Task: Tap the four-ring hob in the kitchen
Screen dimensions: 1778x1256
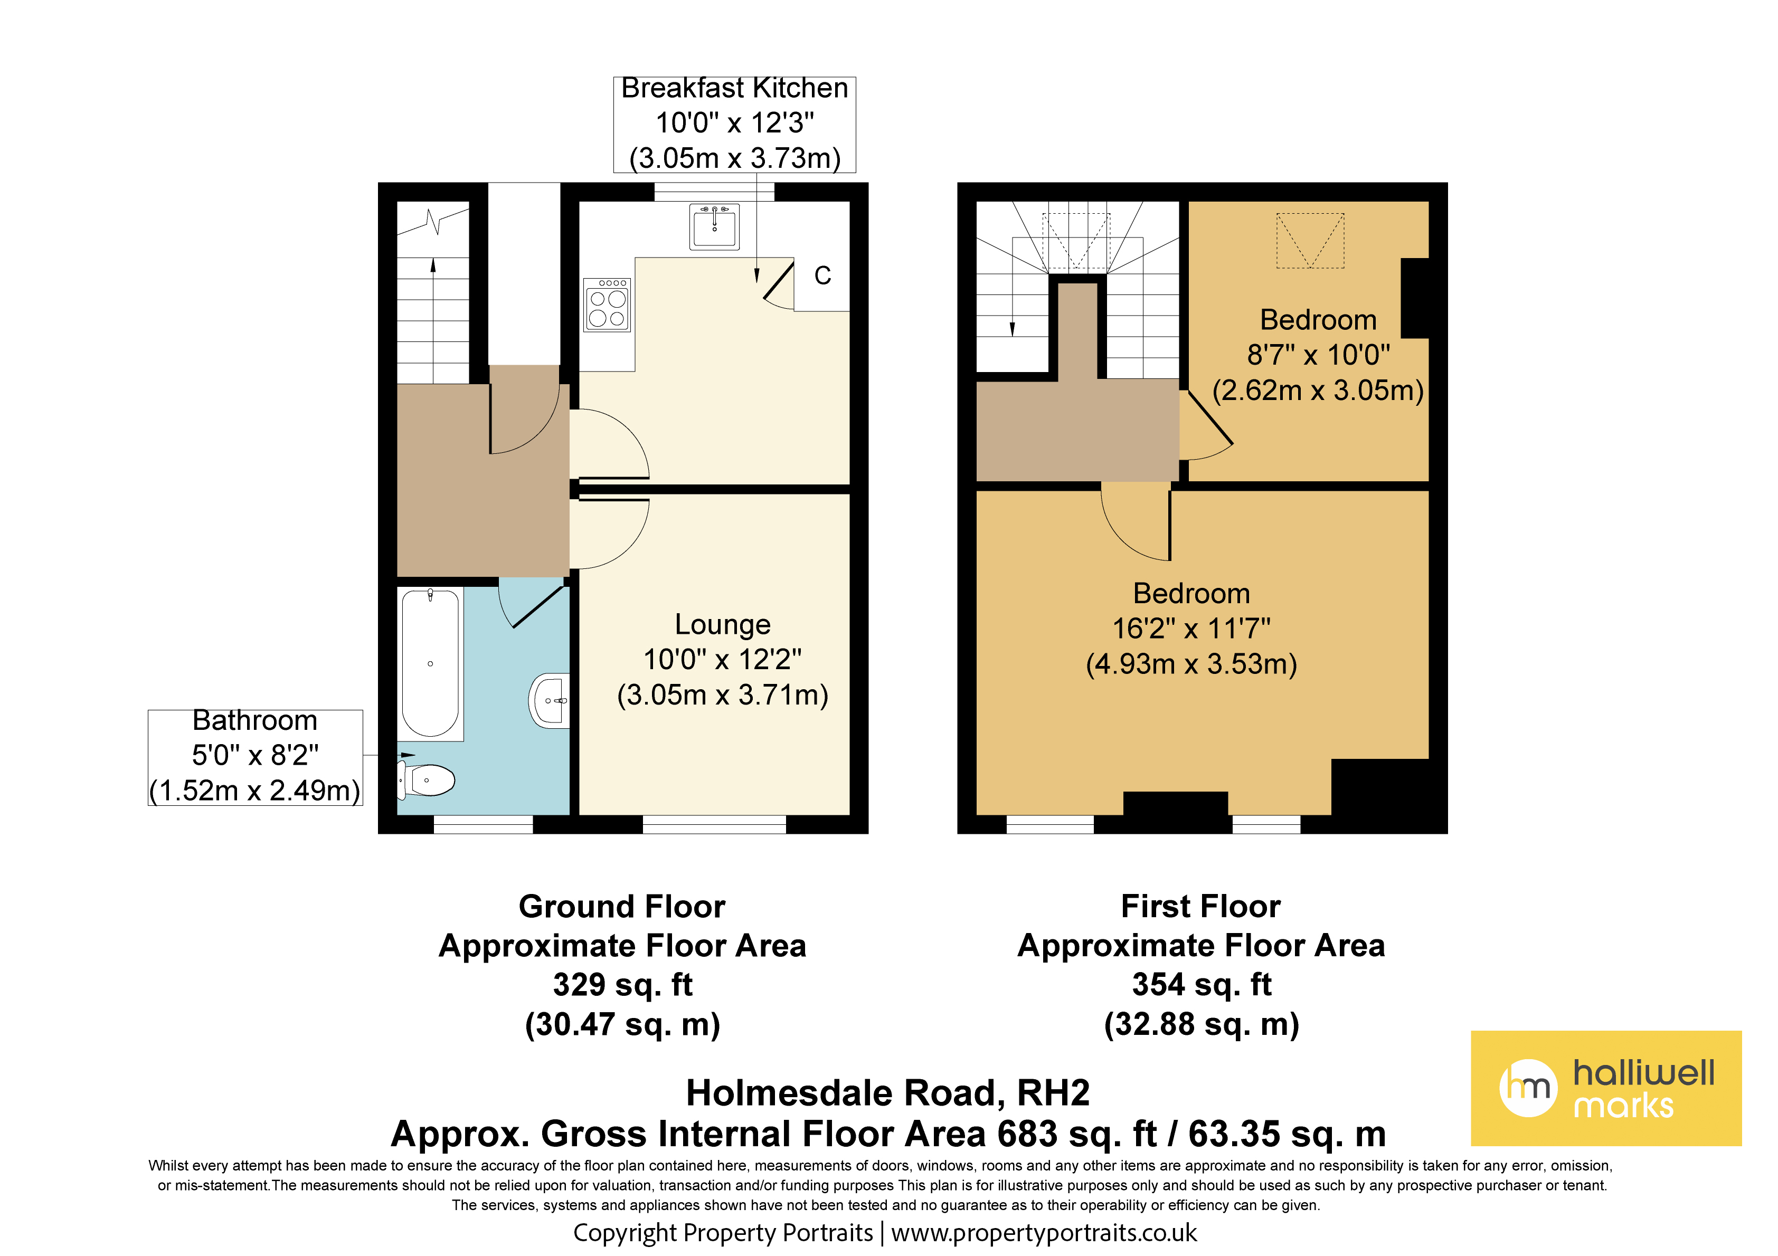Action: [x=607, y=305]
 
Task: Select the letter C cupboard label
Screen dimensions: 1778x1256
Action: [x=822, y=275]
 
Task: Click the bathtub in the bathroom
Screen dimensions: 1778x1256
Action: [x=431, y=663]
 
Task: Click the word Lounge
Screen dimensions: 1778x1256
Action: [x=723, y=624]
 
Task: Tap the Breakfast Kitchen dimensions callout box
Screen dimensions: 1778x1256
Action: [x=734, y=124]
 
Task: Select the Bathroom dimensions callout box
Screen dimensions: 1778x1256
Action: [x=255, y=757]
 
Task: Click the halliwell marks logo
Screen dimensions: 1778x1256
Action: [x=1606, y=1088]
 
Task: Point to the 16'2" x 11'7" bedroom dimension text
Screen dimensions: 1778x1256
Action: [x=1191, y=629]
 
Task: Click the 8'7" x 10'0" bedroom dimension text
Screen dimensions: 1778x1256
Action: [x=1318, y=355]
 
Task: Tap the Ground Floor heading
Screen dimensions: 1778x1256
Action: [x=622, y=906]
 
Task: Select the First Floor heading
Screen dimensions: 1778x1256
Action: [x=1201, y=906]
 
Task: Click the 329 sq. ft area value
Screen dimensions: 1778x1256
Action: [x=622, y=985]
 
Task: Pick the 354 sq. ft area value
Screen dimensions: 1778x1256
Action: [x=1202, y=985]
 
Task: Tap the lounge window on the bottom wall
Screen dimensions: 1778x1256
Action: [x=714, y=825]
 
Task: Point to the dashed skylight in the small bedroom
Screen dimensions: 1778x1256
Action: [x=1310, y=241]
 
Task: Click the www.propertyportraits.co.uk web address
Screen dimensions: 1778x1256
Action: [x=1044, y=1233]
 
